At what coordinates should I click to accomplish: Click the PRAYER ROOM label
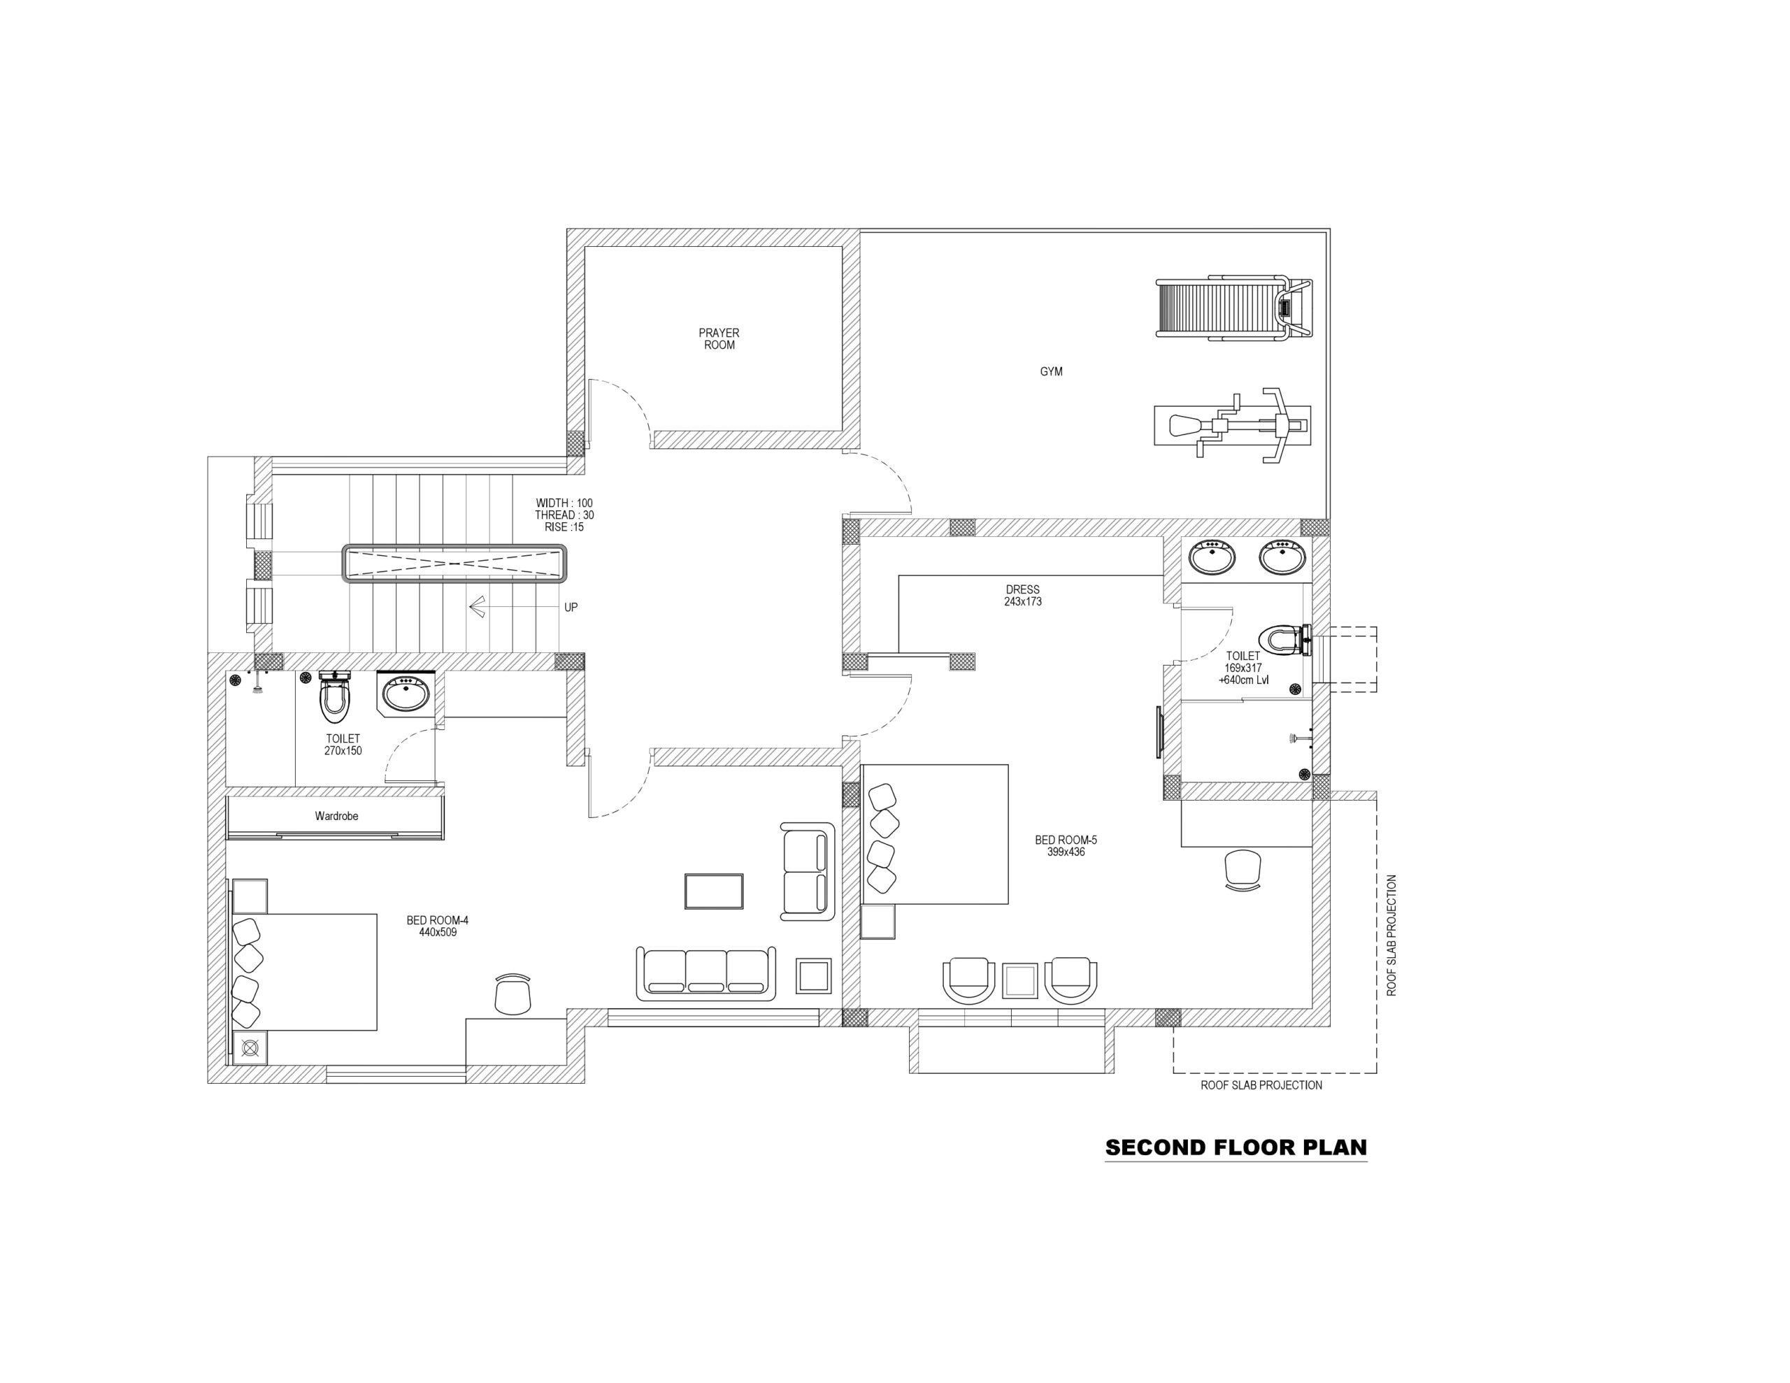[719, 338]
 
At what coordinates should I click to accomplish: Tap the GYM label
[1051, 371]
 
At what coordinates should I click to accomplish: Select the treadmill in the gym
[1233, 308]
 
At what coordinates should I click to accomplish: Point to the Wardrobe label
[337, 816]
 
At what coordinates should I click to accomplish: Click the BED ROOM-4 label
[438, 926]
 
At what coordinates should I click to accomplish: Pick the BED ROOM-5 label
[1066, 846]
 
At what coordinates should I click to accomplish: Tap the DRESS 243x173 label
[1023, 595]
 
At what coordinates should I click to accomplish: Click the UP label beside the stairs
[571, 608]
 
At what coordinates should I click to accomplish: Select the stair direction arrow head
[476, 607]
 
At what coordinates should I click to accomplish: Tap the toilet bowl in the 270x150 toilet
[334, 698]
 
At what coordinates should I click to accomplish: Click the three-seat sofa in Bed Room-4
[706, 973]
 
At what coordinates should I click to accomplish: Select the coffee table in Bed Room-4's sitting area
[714, 891]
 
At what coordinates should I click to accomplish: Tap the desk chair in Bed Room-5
[1243, 869]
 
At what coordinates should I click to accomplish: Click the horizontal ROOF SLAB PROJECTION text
[1261, 1085]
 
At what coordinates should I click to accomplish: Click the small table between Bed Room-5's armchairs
[1019, 980]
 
